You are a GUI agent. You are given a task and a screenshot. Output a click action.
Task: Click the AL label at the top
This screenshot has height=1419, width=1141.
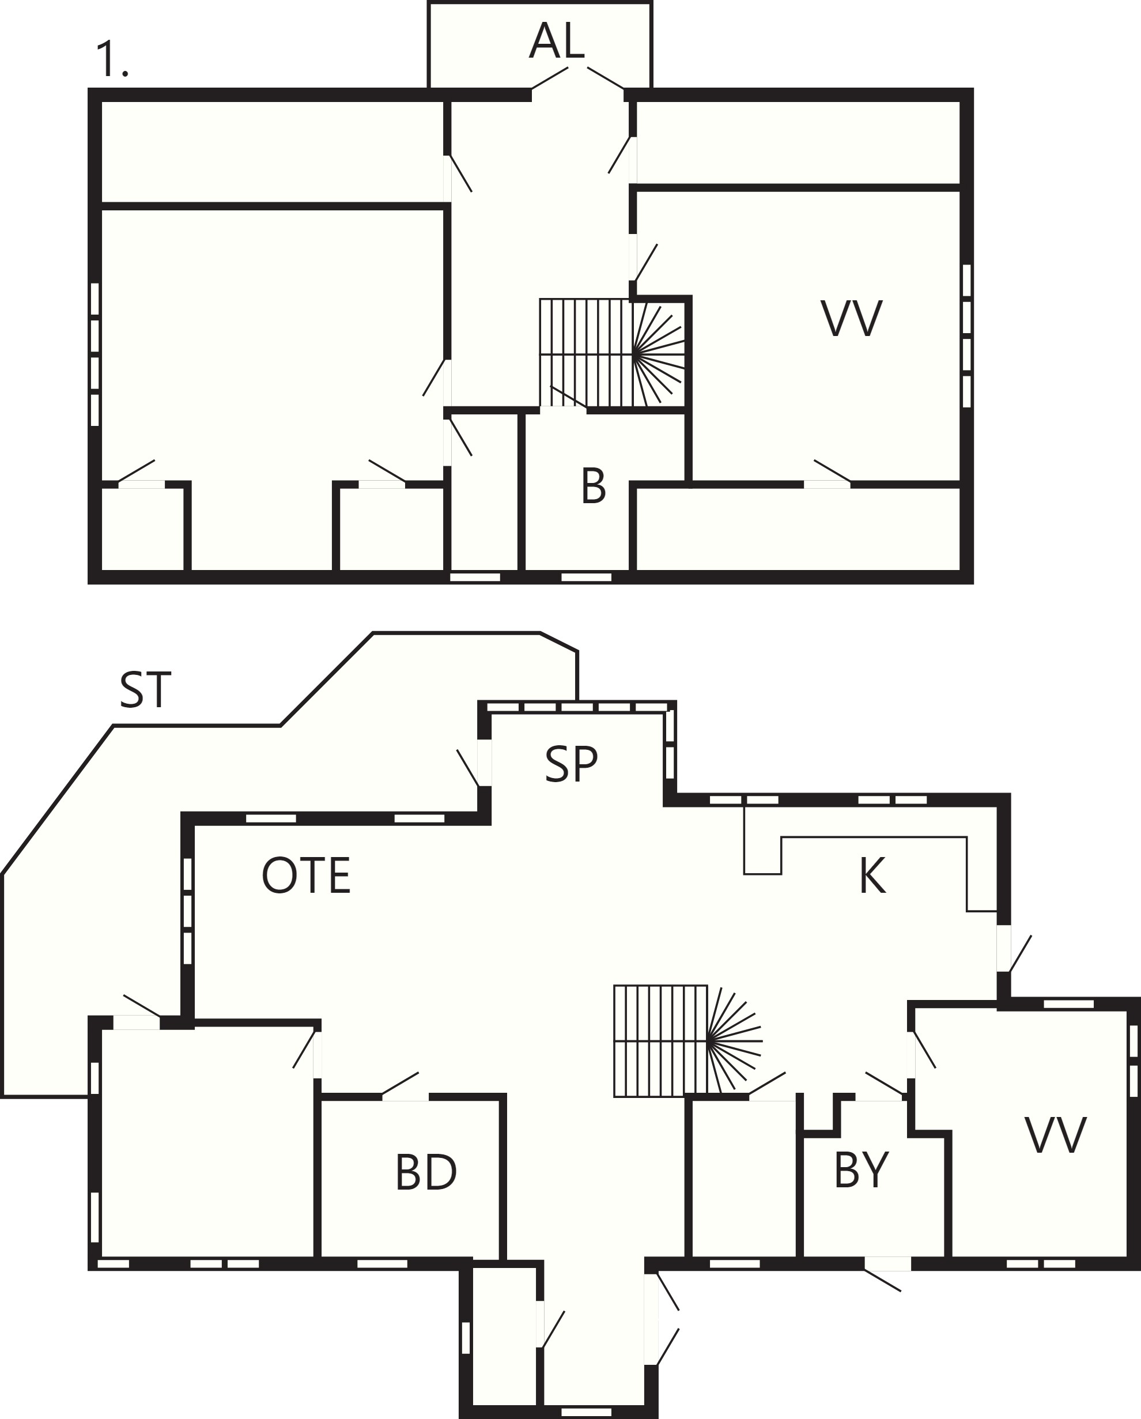[x=557, y=41]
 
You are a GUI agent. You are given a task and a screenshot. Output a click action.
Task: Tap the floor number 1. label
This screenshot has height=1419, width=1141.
[x=111, y=59]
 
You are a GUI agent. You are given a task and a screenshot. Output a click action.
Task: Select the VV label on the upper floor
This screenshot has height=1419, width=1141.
[x=851, y=319]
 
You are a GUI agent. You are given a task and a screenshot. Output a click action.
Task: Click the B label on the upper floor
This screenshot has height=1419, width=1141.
[x=593, y=486]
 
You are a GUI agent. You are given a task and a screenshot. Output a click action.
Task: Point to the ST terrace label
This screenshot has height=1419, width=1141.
[x=145, y=690]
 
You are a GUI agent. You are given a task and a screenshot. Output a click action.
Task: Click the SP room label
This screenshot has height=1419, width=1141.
[x=571, y=764]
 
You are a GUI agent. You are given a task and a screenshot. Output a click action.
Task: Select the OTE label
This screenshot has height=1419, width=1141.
[x=306, y=875]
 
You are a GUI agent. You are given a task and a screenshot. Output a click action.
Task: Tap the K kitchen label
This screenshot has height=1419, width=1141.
[x=872, y=876]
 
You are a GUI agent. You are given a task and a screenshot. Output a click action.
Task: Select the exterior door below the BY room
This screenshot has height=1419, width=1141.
[x=886, y=1271]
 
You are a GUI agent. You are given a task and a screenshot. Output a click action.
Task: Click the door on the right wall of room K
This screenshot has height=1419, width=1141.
[x=1012, y=949]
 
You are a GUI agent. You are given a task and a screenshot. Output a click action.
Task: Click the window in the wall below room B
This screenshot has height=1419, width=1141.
[x=586, y=577]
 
